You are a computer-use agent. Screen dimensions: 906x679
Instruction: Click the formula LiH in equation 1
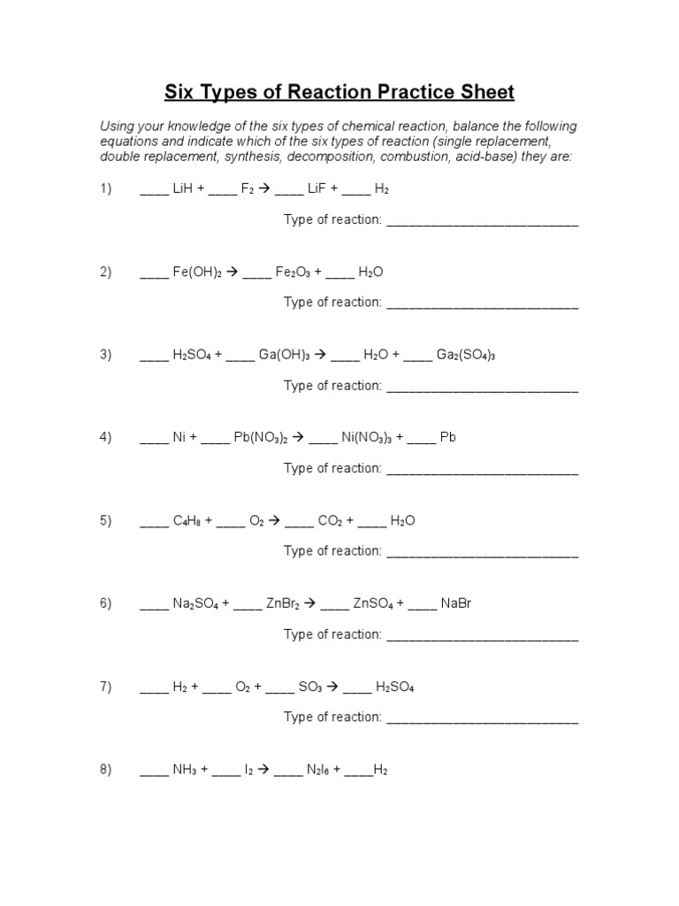click(184, 189)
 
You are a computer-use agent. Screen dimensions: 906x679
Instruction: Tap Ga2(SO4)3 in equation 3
click(467, 355)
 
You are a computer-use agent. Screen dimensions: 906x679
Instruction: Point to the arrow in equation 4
click(297, 437)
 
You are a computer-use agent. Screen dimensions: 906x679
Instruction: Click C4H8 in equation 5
click(187, 520)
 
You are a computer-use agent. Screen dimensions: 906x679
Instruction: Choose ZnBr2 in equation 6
click(283, 603)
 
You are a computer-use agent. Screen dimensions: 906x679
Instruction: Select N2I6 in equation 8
click(317, 770)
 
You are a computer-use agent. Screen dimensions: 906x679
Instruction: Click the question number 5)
click(106, 520)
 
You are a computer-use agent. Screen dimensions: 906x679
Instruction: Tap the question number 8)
click(106, 770)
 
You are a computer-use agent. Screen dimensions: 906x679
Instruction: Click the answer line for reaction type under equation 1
click(483, 221)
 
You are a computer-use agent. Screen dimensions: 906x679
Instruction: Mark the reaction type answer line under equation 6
click(483, 636)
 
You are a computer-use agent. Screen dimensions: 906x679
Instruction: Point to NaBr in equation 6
click(455, 603)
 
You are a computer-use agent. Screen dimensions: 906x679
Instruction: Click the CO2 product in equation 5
click(330, 520)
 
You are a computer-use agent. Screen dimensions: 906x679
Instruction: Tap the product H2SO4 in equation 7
click(395, 687)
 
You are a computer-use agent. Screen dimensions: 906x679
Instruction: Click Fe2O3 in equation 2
click(293, 273)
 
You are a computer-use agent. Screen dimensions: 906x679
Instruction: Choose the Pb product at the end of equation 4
click(447, 437)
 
